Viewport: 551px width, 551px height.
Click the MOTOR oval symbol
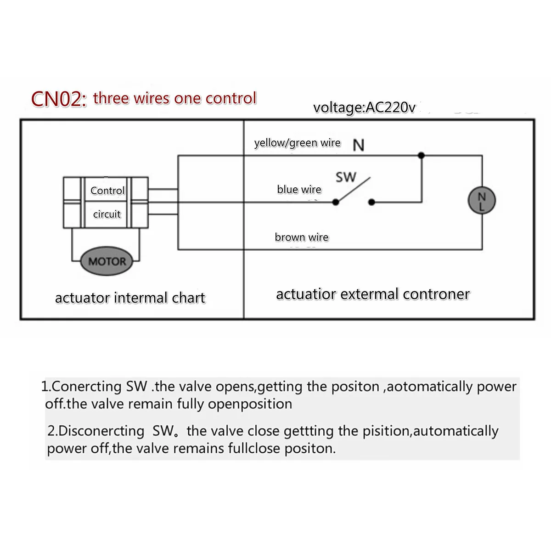(x=107, y=261)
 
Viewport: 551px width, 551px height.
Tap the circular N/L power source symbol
(x=482, y=200)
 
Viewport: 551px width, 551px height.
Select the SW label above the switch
(x=346, y=177)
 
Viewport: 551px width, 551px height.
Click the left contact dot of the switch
(x=336, y=202)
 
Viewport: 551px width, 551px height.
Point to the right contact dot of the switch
(x=371, y=202)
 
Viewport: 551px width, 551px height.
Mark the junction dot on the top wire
(x=421, y=155)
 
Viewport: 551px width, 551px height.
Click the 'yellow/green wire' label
(x=298, y=143)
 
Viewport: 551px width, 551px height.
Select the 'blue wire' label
(x=299, y=189)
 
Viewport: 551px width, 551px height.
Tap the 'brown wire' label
(x=302, y=237)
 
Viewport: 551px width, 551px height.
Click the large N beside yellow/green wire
(x=359, y=145)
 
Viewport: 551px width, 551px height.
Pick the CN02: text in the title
(x=59, y=99)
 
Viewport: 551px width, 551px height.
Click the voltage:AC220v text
(x=364, y=107)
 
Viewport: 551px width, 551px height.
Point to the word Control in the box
(x=107, y=191)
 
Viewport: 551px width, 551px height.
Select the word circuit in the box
(x=107, y=214)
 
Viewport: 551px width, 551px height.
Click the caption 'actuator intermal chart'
(x=130, y=298)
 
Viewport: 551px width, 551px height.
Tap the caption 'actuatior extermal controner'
(x=373, y=294)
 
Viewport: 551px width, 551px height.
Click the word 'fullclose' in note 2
(x=254, y=448)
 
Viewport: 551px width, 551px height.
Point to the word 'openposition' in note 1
(x=250, y=405)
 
